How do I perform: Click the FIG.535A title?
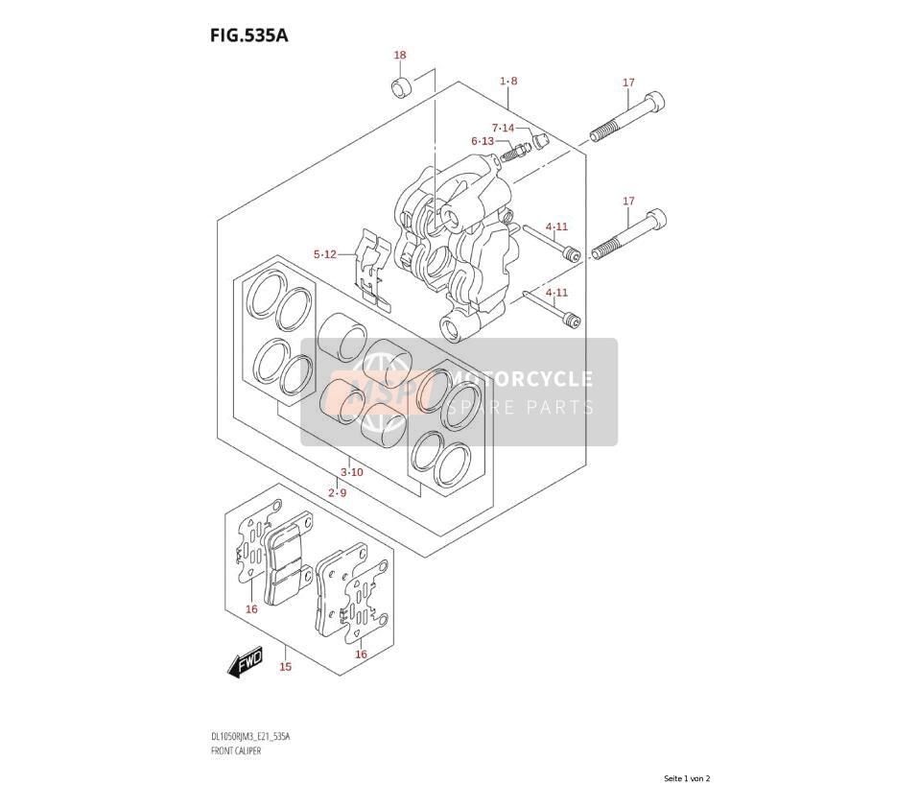(249, 36)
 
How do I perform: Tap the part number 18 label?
(400, 56)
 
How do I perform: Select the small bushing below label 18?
(402, 86)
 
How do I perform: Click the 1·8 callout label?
(508, 81)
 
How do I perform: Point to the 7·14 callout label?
(503, 128)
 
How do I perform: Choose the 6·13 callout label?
(483, 141)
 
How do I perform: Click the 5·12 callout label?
(324, 254)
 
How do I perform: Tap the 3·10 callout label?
(352, 472)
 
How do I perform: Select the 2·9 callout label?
(337, 493)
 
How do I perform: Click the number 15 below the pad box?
(286, 667)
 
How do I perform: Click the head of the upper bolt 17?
(654, 104)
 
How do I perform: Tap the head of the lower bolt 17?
(656, 221)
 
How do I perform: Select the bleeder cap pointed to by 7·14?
(540, 141)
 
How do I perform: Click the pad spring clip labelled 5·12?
(373, 268)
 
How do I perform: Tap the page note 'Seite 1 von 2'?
(687, 778)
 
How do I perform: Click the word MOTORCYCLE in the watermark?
(520, 379)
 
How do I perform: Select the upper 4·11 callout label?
(556, 226)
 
